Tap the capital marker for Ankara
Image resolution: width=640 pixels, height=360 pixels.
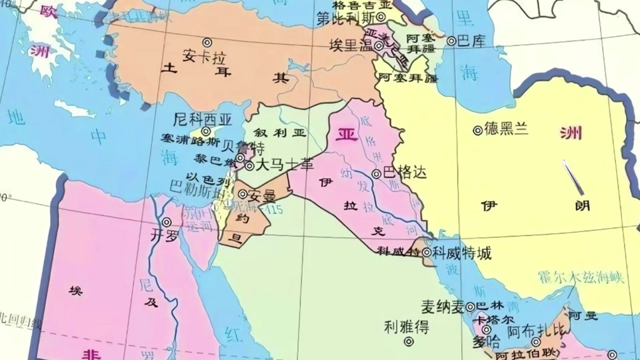pyautogui.click(x=207, y=42)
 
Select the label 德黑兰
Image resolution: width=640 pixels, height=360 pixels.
pyautogui.click(x=504, y=130)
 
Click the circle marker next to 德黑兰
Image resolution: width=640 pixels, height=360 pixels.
pyautogui.click(x=477, y=131)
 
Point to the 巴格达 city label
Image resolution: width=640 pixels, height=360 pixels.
pyautogui.click(x=404, y=173)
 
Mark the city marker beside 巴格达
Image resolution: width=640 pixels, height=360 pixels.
pyautogui.click(x=377, y=173)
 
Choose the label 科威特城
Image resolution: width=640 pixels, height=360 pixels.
pyautogui.click(x=461, y=253)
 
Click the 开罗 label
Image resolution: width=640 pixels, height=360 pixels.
pyautogui.click(x=166, y=235)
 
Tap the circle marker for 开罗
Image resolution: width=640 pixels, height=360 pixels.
pyautogui.click(x=167, y=222)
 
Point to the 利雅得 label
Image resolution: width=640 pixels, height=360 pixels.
pyautogui.click(x=407, y=327)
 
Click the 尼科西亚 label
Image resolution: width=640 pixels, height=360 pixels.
pyautogui.click(x=202, y=120)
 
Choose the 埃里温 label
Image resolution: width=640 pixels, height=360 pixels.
pyautogui.click(x=351, y=45)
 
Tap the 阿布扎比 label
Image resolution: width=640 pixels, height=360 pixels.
pyautogui.click(x=537, y=329)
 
